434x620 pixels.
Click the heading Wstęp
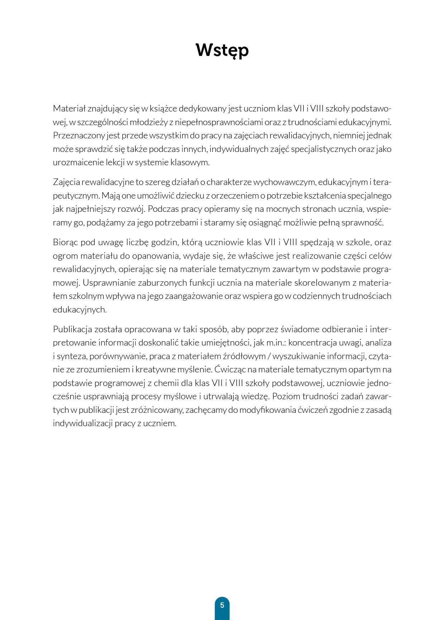coord(222,51)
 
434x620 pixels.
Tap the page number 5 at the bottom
coord(222,605)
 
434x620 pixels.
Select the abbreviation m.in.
coord(275,343)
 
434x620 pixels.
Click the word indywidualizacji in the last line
coord(83,423)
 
